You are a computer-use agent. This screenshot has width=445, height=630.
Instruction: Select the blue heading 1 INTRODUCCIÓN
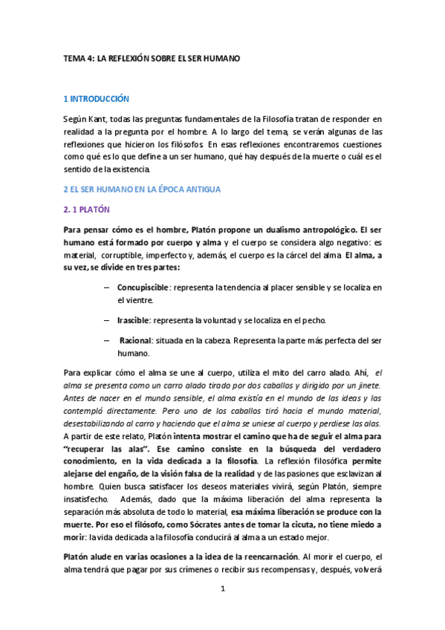(97, 98)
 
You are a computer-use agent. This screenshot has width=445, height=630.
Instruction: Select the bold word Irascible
(134, 320)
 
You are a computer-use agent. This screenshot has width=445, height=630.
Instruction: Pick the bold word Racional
(135, 340)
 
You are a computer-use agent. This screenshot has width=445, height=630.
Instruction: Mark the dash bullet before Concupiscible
(108, 287)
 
